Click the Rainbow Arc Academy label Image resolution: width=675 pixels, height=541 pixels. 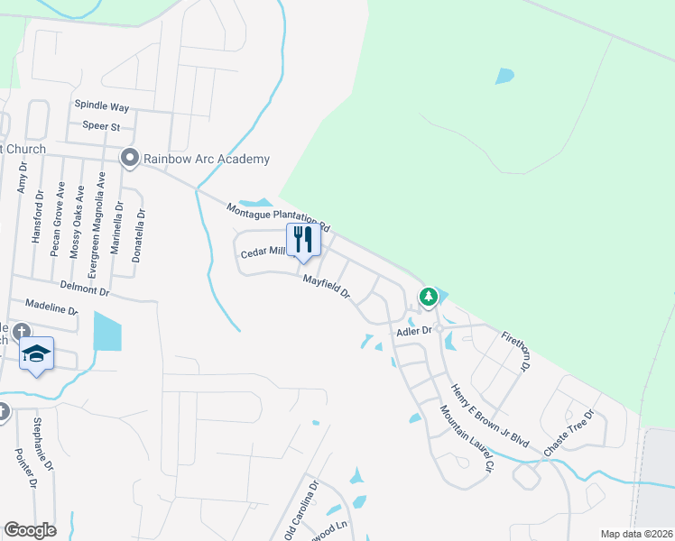click(207, 160)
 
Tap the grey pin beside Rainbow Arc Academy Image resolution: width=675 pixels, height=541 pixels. click(130, 158)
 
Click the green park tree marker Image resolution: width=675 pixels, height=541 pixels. click(429, 297)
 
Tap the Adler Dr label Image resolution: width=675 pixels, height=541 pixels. click(415, 332)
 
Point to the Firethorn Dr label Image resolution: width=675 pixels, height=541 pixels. click(515, 351)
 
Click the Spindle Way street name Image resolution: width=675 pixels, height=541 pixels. click(102, 106)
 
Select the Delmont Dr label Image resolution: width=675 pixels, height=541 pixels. click(85, 290)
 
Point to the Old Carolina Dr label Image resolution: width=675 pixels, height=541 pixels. click(301, 510)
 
